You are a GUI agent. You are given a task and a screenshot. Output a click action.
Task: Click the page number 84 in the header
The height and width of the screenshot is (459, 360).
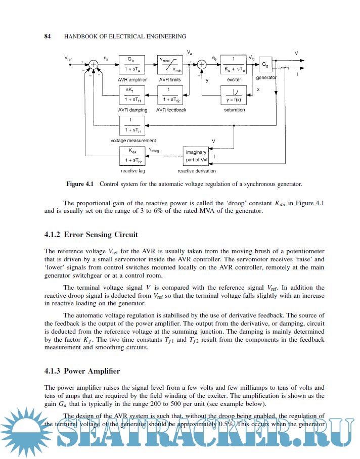(48, 36)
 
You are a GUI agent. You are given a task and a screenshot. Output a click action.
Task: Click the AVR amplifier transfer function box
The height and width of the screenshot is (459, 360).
(131, 65)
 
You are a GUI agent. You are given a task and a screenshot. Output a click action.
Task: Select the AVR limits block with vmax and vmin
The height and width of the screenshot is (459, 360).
(169, 65)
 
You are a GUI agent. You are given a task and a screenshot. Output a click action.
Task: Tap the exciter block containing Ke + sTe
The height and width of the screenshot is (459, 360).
(233, 65)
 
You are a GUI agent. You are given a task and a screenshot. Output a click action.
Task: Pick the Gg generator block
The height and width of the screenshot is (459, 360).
(265, 64)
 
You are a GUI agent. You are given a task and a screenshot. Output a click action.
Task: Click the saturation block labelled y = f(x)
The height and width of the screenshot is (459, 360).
(233, 95)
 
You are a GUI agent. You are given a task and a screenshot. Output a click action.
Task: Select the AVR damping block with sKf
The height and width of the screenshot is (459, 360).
(131, 95)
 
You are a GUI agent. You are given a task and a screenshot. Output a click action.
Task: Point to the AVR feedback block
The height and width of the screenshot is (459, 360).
(169, 95)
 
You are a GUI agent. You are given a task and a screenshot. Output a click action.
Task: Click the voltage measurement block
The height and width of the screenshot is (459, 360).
(131, 125)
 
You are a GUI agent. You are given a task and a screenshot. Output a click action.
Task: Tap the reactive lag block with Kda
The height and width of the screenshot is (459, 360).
(131, 155)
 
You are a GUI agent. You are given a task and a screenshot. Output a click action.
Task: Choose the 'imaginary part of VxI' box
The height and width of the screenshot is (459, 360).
(196, 156)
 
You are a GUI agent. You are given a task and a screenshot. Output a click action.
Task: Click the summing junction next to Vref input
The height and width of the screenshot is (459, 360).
(94, 64)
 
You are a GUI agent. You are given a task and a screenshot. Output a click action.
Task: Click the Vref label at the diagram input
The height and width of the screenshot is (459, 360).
(68, 59)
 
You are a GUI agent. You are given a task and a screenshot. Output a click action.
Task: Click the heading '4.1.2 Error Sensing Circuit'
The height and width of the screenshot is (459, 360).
(91, 235)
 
